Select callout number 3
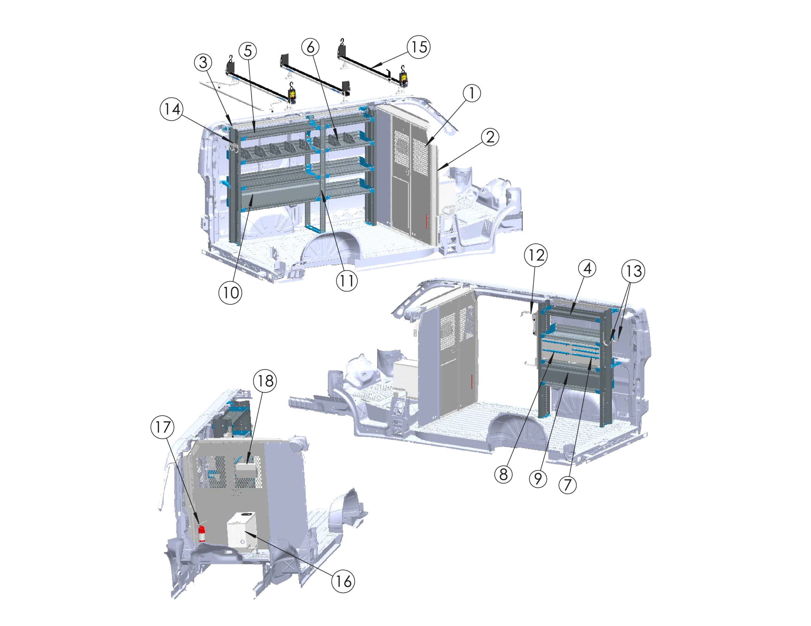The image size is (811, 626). (203, 63)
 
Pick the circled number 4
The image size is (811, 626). (587, 268)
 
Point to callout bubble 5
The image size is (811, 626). (248, 51)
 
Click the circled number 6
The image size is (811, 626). (310, 47)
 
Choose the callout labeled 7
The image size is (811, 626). (567, 485)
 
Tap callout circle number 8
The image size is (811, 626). (503, 474)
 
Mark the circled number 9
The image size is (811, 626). (538, 479)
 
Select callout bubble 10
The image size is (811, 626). (230, 293)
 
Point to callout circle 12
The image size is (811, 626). (536, 255)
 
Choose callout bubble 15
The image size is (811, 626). (418, 47)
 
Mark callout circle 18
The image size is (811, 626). (265, 381)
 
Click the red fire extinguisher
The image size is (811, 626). (201, 533)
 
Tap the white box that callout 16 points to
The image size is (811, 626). (242, 532)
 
